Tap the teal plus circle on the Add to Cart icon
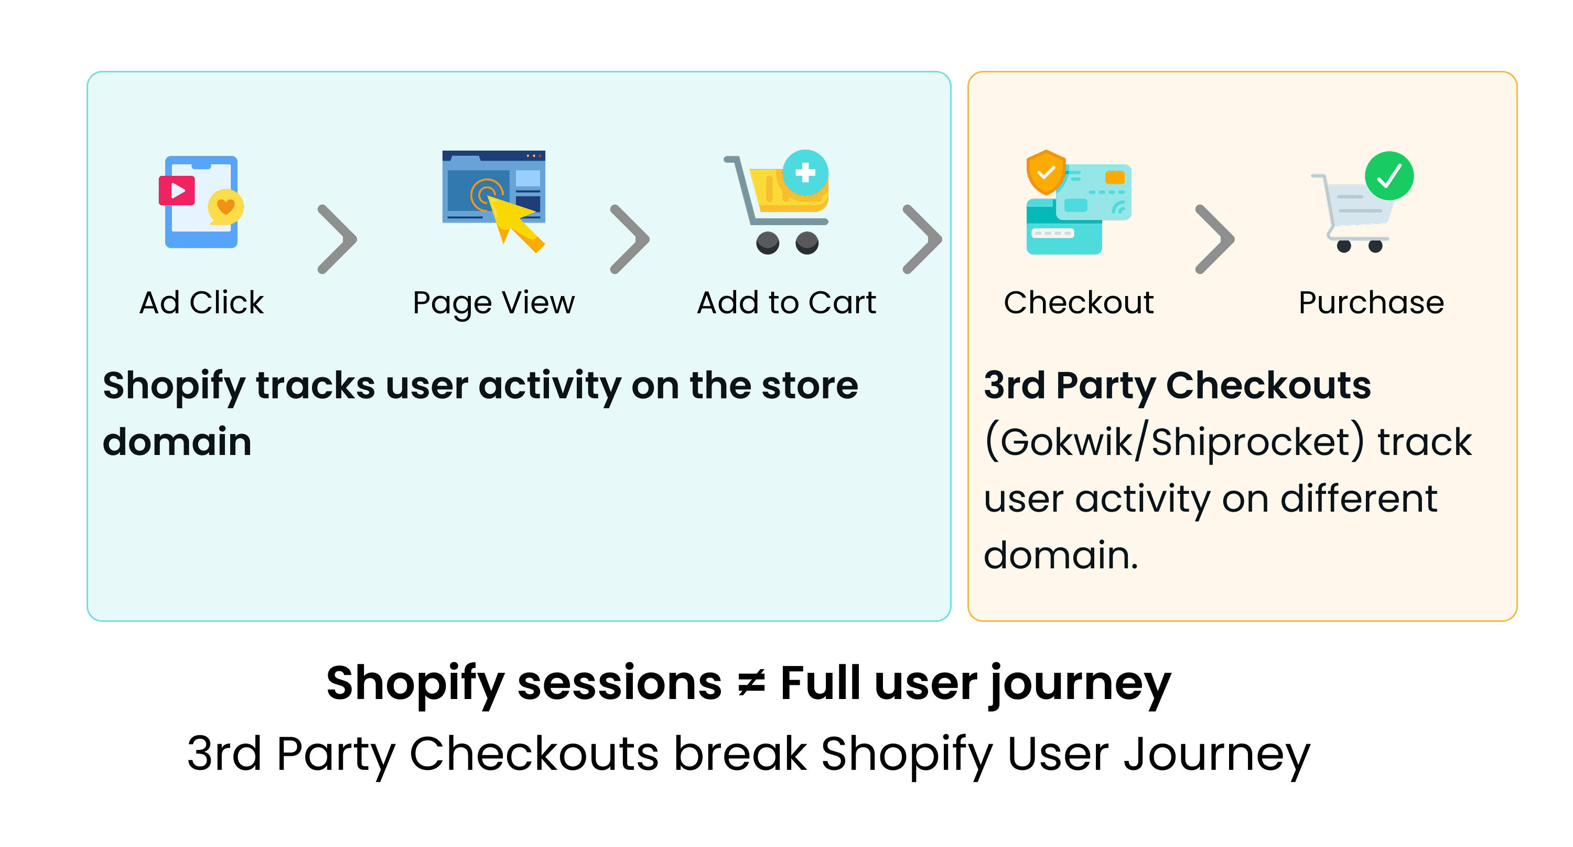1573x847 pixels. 805,172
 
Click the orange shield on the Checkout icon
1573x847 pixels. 1046,172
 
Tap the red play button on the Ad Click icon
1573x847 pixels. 177,190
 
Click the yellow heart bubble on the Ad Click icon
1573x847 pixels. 226,207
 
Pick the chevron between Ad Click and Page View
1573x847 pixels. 337,239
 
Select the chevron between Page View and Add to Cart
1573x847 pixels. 630,239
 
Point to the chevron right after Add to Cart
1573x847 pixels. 922,239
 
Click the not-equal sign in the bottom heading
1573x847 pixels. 751,684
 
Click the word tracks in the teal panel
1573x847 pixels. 315,386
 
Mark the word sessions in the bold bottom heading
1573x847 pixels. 620,684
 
